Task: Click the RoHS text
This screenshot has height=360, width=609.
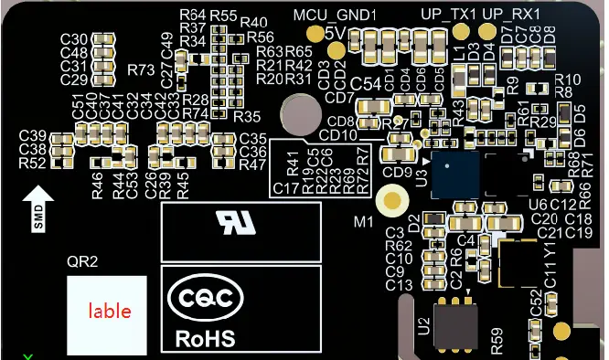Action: click(205, 339)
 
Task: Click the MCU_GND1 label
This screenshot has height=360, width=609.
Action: click(328, 14)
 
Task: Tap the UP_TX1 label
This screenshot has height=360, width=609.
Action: click(448, 14)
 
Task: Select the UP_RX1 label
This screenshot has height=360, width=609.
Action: click(511, 14)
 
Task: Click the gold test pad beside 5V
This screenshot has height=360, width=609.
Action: click(316, 33)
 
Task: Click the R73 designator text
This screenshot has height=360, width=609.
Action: click(142, 70)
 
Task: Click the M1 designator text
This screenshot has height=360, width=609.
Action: click(365, 222)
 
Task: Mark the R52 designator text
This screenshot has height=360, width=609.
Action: click(32, 164)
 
